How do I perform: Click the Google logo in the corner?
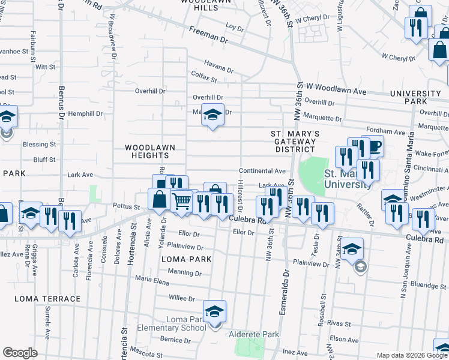(20, 352)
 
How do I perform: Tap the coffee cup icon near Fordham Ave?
(373, 146)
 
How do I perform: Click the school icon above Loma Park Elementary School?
(214, 311)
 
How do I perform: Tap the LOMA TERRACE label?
(47, 299)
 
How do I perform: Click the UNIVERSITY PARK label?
(415, 98)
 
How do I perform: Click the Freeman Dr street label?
(209, 37)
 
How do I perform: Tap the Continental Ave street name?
(262, 171)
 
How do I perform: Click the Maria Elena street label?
(152, 278)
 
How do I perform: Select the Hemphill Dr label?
(85, 113)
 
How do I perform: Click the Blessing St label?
(39, 145)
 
